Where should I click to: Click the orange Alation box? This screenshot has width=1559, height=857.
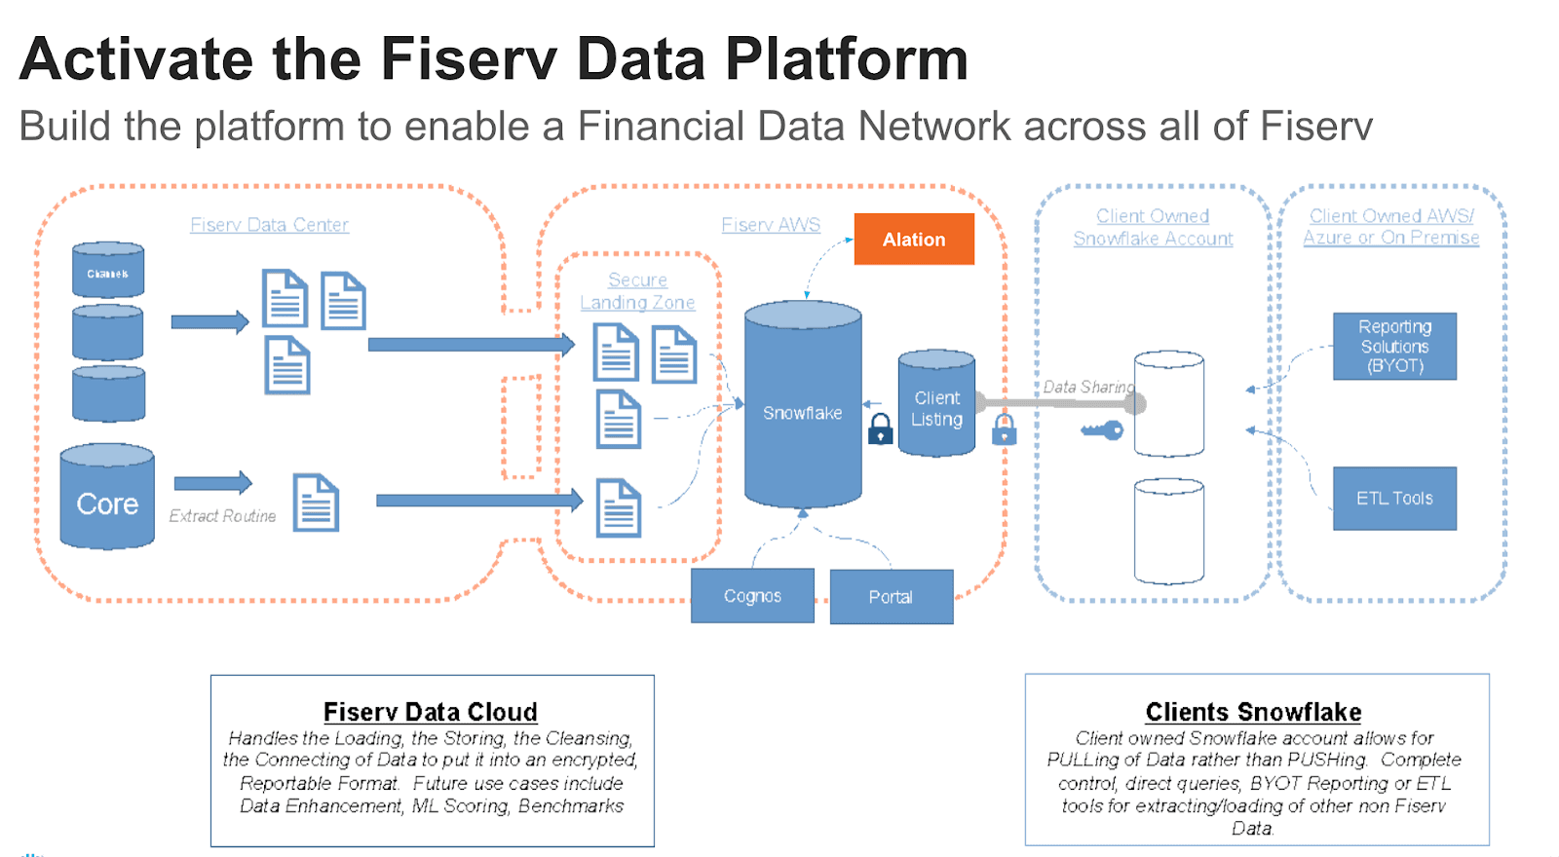point(914,240)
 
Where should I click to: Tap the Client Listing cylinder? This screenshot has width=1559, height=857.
point(936,404)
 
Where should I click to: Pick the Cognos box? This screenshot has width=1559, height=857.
point(752,596)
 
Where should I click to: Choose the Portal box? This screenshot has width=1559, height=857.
point(891,597)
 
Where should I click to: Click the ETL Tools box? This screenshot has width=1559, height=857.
point(1394,499)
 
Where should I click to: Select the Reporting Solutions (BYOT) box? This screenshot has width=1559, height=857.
point(1394,346)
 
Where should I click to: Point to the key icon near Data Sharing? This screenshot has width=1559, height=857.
point(1102,429)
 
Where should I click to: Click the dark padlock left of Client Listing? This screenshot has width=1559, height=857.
point(880,428)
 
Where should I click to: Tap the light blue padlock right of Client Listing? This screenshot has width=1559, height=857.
point(1004,428)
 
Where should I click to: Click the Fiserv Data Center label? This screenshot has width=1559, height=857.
point(269,225)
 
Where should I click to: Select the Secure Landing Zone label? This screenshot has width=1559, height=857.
point(637,291)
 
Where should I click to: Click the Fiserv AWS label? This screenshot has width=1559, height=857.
point(771,225)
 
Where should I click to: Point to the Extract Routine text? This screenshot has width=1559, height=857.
point(222,516)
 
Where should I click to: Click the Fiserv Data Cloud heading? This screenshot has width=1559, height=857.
point(430,712)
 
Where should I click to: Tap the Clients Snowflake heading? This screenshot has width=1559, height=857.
point(1253,712)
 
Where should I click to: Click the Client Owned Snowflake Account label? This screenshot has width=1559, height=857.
point(1153,227)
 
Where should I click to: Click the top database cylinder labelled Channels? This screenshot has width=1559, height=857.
point(108,271)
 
